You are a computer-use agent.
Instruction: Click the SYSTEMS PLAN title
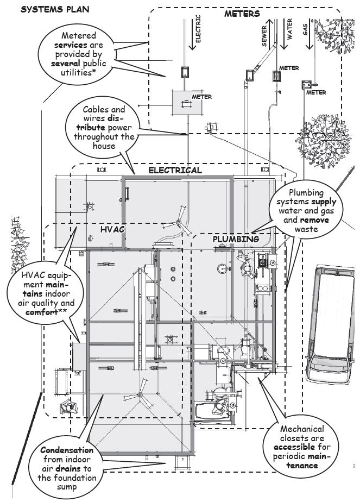click(54, 10)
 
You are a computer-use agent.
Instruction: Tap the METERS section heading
click(242, 14)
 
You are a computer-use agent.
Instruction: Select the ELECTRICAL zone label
click(175, 170)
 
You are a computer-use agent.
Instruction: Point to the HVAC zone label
click(112, 230)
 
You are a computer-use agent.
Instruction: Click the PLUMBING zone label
click(236, 239)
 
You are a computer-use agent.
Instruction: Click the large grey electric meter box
click(186, 102)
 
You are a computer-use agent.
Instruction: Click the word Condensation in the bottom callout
click(67, 450)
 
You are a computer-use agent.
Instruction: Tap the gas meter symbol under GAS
click(307, 84)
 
